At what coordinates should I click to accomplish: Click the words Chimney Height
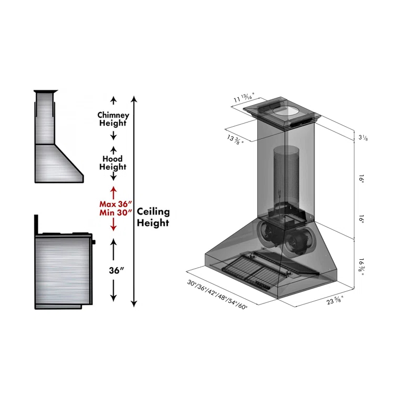tap(113, 119)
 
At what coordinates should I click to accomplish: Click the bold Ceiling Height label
tap(153, 217)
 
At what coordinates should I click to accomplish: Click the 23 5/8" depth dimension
tap(334, 301)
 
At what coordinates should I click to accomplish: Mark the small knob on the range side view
tap(95, 242)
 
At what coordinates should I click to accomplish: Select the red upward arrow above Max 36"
tap(113, 190)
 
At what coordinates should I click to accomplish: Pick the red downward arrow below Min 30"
tap(113, 226)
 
